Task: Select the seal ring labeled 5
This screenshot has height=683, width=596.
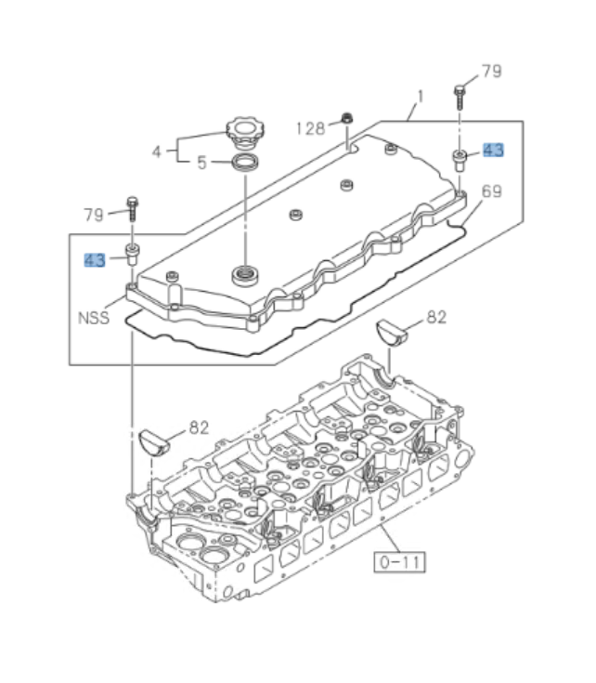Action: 245,164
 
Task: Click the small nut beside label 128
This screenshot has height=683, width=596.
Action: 347,117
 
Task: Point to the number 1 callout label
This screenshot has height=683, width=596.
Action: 420,96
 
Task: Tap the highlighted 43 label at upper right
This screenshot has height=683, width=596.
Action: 493,151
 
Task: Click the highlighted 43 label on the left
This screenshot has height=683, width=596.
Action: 95,260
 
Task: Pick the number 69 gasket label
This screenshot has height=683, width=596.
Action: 492,191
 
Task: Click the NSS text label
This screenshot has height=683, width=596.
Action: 93,317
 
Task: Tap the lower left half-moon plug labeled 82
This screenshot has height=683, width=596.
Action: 156,440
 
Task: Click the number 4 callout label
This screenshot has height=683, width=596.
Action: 157,151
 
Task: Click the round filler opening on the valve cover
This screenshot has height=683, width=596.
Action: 246,274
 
